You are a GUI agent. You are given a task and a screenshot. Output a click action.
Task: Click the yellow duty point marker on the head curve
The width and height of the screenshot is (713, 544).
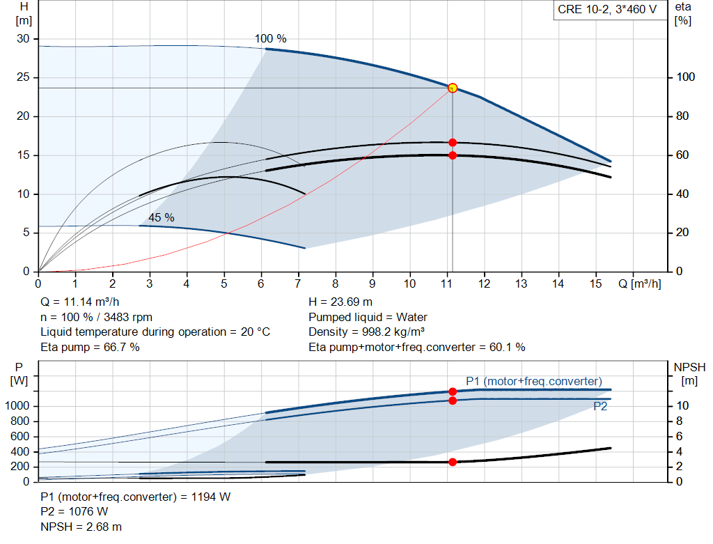click(x=453, y=88)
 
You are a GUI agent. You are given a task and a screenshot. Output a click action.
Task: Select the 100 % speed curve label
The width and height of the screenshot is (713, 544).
click(x=270, y=39)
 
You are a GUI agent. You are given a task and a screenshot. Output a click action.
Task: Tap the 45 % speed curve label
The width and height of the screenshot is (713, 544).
click(x=161, y=217)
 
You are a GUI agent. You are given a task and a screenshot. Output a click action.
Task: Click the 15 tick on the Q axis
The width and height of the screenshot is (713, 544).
click(x=595, y=283)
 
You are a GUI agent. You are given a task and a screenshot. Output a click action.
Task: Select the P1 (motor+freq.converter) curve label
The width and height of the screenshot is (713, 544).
click(x=533, y=381)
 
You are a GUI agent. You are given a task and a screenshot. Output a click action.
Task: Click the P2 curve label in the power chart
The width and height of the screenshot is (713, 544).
click(x=600, y=407)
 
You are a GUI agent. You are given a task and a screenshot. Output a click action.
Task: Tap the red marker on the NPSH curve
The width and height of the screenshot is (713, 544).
click(x=453, y=462)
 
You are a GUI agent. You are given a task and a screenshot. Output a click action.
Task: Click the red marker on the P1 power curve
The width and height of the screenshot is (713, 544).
click(x=453, y=391)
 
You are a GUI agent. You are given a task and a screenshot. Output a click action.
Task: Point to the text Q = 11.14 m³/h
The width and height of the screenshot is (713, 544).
click(x=81, y=302)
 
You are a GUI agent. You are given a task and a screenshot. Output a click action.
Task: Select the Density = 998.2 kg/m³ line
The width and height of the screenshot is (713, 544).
click(x=366, y=332)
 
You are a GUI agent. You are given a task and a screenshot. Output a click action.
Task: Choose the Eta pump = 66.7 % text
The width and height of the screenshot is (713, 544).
click(x=90, y=347)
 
